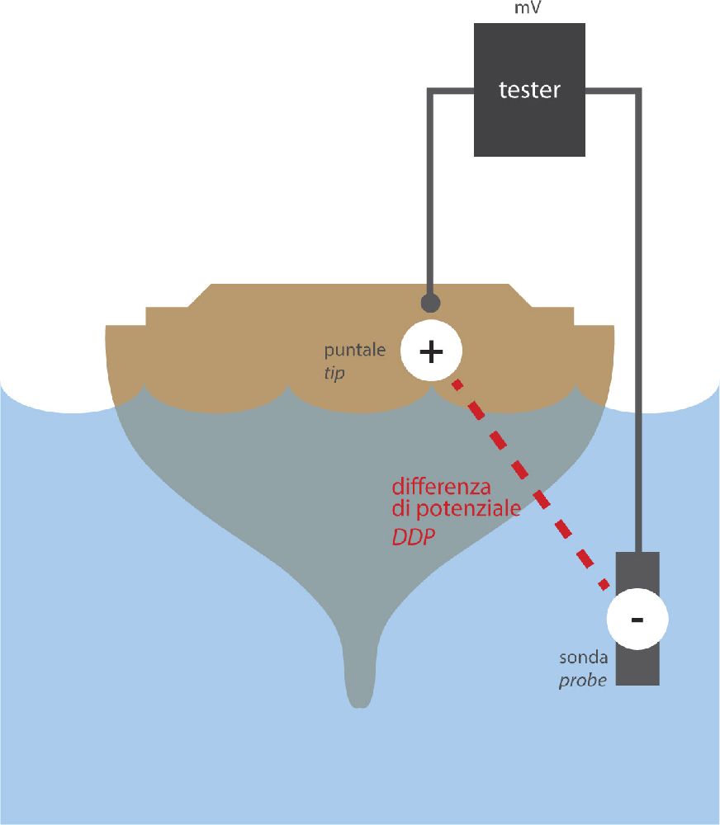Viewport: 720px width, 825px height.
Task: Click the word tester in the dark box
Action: [529, 90]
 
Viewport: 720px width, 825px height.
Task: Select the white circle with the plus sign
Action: [430, 351]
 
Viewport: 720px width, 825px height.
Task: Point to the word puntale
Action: [355, 350]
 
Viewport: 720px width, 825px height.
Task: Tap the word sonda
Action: [584, 658]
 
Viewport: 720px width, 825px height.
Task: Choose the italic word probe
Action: [583, 681]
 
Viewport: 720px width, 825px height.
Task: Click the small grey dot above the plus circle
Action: [430, 302]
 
